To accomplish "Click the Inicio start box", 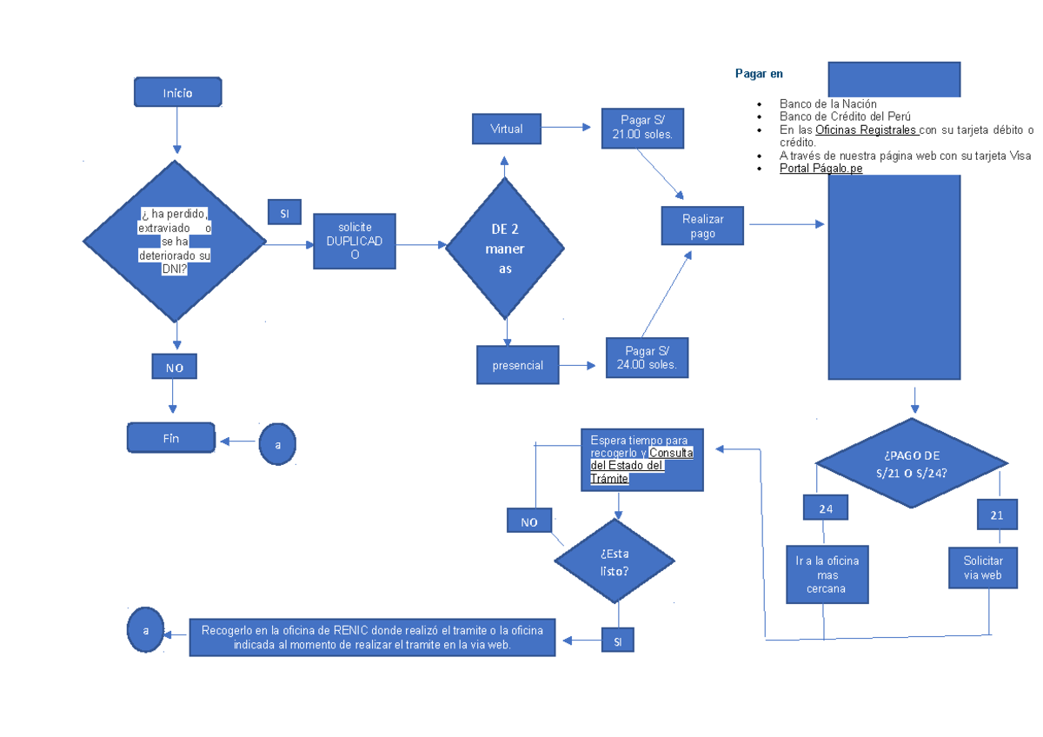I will point(177,92).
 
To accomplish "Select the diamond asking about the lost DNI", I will point(175,242).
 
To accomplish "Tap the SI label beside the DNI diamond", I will point(284,213).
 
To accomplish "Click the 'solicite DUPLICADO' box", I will point(354,241).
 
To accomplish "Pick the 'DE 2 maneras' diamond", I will point(505,249).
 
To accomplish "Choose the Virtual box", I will point(506,129).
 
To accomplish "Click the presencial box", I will point(517,365).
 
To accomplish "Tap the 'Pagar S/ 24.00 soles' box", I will point(647,357).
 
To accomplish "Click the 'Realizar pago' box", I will point(702,226).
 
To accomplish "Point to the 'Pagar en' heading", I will point(759,75).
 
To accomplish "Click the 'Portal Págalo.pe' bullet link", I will point(820,169).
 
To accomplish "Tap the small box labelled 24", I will point(825,509).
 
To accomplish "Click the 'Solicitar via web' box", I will point(983,568).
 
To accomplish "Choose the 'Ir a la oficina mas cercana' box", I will point(827,574).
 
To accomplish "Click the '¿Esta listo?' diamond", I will point(615,561).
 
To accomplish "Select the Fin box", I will point(171,438).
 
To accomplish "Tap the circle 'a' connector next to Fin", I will point(277,444).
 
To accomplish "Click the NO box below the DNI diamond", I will point(175,368).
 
